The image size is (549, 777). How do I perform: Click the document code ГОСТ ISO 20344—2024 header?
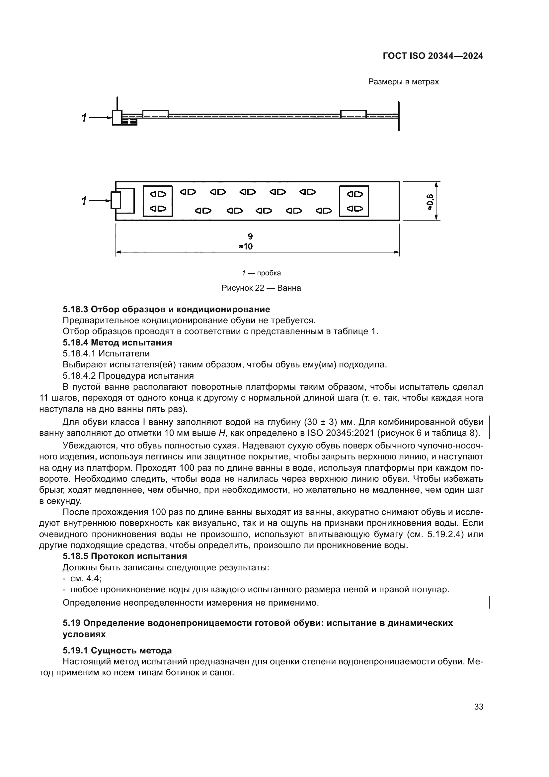[433, 56]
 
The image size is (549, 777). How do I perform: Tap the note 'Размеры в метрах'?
[403, 82]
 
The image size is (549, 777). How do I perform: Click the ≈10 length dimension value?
[246, 247]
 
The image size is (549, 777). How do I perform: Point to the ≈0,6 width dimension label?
[429, 202]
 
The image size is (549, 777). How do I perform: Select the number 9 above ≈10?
[250, 236]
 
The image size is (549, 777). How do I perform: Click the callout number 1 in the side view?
[84, 118]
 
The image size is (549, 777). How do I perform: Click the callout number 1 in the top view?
[84, 201]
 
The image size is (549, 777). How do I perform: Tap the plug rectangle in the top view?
[116, 200]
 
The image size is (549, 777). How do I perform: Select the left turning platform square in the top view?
[158, 201]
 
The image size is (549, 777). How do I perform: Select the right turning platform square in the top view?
[354, 201]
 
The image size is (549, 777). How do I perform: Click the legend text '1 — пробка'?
[261, 273]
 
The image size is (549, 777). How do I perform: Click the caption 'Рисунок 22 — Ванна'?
[261, 288]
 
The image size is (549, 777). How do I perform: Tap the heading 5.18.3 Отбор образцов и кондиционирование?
[166, 309]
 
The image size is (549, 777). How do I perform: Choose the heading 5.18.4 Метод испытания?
[117, 342]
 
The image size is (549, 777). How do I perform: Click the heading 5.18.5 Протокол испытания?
[125, 556]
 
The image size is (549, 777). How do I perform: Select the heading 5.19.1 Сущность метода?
[117, 650]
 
